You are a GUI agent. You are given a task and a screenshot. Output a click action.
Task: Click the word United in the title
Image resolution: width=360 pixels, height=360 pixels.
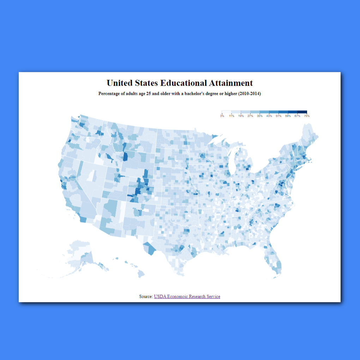[120, 83]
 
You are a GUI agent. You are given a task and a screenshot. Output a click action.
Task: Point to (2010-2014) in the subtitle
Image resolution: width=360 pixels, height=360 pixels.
[249, 94]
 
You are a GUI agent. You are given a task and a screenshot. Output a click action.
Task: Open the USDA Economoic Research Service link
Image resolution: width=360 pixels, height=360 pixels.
[187, 296]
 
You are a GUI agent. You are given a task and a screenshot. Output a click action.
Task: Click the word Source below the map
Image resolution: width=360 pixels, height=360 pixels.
[146, 296]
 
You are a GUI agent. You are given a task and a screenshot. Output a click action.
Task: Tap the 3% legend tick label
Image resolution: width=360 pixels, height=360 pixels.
[222, 116]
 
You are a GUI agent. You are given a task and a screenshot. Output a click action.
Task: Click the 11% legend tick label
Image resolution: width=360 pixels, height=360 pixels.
[232, 116]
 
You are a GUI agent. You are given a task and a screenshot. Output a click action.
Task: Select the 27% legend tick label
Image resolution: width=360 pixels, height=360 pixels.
[250, 116]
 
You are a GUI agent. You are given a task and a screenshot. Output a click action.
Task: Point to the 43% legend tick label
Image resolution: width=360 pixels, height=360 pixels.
[269, 116]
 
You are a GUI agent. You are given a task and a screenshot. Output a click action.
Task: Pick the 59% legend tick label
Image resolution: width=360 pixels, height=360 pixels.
[288, 116]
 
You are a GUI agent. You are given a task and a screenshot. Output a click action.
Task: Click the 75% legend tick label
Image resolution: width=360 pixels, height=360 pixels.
[307, 116]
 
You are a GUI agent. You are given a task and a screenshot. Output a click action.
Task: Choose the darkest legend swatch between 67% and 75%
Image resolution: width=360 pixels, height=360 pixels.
[302, 112]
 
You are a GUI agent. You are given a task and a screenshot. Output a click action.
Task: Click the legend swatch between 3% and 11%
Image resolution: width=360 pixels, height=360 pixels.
[227, 112]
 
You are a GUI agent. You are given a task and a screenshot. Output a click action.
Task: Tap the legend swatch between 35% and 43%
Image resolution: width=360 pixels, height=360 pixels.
[264, 112]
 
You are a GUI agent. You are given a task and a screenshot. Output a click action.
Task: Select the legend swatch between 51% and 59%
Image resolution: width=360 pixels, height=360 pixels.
[283, 112]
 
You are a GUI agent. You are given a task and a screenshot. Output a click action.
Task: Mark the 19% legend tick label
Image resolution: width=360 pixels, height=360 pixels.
[241, 116]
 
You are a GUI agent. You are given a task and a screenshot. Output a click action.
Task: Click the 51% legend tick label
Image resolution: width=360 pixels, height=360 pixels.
[278, 116]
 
